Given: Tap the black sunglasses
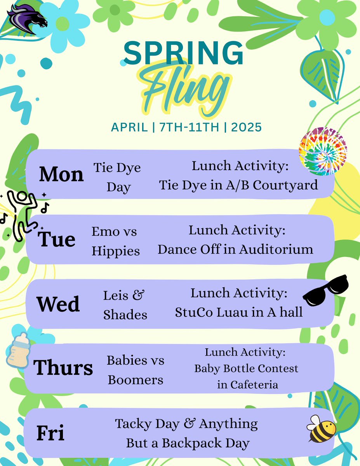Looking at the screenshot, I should [326, 290].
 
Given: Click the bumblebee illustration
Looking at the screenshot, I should [322, 428].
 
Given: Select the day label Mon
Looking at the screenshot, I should [61, 175].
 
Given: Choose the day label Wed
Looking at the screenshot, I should [58, 304].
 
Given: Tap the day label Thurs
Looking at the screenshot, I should [63, 367].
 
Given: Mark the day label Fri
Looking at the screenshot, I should [50, 433].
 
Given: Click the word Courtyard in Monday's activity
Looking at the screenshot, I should [285, 185].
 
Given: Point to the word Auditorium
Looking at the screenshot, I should [276, 249].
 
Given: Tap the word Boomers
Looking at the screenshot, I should [136, 379].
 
